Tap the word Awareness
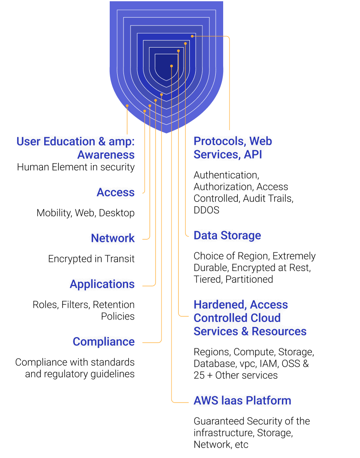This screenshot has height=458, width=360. tap(106, 155)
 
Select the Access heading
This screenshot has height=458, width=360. tap(116, 192)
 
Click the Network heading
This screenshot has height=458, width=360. tap(113, 238)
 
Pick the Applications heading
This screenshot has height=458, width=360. tap(102, 284)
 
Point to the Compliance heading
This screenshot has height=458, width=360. tap(103, 342)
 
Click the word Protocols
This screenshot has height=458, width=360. tap(219, 141)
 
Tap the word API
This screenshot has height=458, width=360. tap(253, 154)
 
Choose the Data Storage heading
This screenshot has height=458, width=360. tap(227, 235)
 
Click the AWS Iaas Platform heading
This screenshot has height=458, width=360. tap(242, 400)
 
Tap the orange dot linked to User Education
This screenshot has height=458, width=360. tap(127, 106)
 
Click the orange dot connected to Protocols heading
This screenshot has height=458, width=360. tap(192, 36)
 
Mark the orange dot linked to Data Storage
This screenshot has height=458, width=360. tap(186, 43)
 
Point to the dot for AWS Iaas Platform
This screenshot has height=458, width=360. tap(171, 66)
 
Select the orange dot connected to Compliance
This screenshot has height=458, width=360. tap(161, 95)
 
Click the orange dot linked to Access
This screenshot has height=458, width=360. tap(145, 111)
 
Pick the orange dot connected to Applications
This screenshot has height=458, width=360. tap(156, 100)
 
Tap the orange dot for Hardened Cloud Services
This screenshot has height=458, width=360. tap(179, 51)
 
